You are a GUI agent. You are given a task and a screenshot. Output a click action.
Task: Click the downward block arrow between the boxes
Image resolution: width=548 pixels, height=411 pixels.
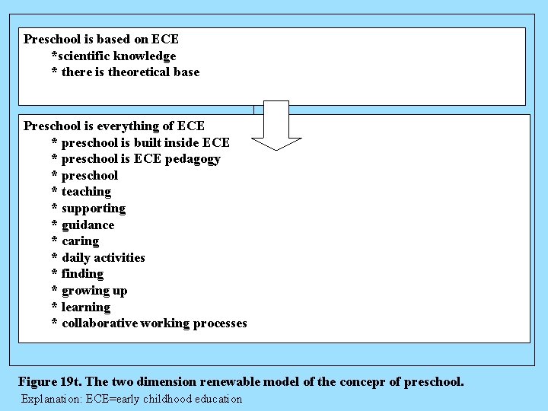tap(276, 126)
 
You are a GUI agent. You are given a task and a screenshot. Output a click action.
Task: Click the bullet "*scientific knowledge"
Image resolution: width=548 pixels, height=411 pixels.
tap(113, 56)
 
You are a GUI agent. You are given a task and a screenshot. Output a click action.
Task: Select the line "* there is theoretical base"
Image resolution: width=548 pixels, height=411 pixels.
tap(125, 72)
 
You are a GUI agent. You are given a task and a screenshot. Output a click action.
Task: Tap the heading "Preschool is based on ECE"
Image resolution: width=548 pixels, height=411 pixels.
tap(101, 39)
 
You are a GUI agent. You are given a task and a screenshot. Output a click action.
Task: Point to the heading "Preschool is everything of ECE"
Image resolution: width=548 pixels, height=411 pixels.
tap(114, 126)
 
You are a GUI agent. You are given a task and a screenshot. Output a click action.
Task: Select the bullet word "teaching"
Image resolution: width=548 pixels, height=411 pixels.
tap(86, 192)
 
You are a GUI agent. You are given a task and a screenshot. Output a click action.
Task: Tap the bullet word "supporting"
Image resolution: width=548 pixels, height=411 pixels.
tap(94, 209)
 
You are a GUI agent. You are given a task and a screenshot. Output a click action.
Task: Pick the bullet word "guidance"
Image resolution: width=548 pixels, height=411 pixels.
tap(88, 225)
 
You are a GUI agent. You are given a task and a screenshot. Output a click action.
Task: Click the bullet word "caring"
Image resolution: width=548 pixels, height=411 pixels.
tap(80, 241)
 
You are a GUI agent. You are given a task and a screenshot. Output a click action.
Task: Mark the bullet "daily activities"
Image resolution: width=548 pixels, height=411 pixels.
tap(103, 257)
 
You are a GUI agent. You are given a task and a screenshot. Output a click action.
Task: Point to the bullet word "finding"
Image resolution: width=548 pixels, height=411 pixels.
tap(82, 274)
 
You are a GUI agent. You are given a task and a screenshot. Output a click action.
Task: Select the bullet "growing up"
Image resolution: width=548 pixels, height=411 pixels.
tap(94, 291)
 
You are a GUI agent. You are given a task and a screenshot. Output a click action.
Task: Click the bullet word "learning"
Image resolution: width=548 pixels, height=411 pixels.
tap(86, 307)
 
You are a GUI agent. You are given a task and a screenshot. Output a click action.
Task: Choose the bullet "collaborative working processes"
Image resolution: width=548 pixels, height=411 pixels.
tap(155, 323)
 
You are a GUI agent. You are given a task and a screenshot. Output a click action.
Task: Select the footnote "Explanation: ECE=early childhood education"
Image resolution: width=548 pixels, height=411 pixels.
tap(132, 399)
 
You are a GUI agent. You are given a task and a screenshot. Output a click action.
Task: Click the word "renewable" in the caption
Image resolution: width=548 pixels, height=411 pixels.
tap(226, 381)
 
